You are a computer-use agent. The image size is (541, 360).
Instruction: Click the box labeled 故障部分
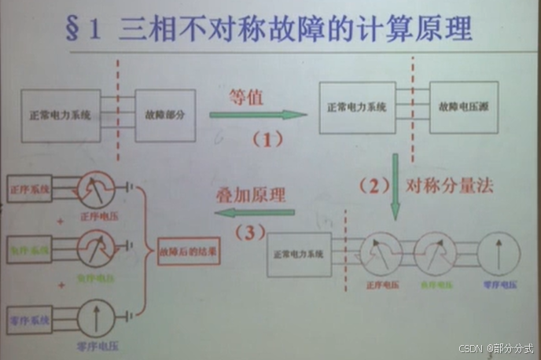[165, 115]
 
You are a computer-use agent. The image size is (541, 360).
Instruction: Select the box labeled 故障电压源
[464, 105]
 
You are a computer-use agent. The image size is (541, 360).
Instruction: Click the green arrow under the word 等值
[258, 115]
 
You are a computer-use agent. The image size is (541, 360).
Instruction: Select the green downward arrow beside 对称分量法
[396, 186]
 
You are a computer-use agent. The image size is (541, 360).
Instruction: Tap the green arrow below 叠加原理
[254, 212]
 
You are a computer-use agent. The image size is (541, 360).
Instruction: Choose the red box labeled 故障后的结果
[189, 254]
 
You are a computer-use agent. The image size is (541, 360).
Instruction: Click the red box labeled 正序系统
[29, 189]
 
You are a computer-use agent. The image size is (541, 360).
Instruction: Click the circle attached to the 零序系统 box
[97, 319]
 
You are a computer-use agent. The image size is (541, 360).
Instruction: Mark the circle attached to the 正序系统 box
[97, 189]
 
